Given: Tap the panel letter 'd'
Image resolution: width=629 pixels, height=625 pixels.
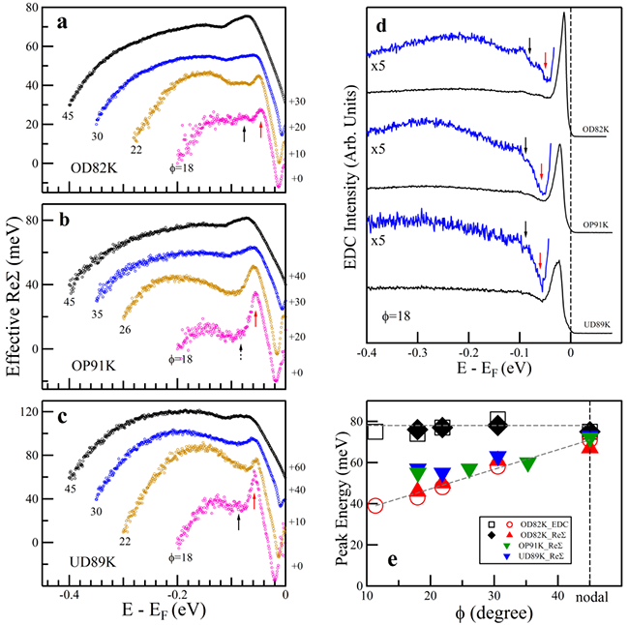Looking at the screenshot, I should click(381, 21).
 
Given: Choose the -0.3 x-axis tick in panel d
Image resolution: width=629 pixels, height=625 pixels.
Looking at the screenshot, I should click(417, 353).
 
